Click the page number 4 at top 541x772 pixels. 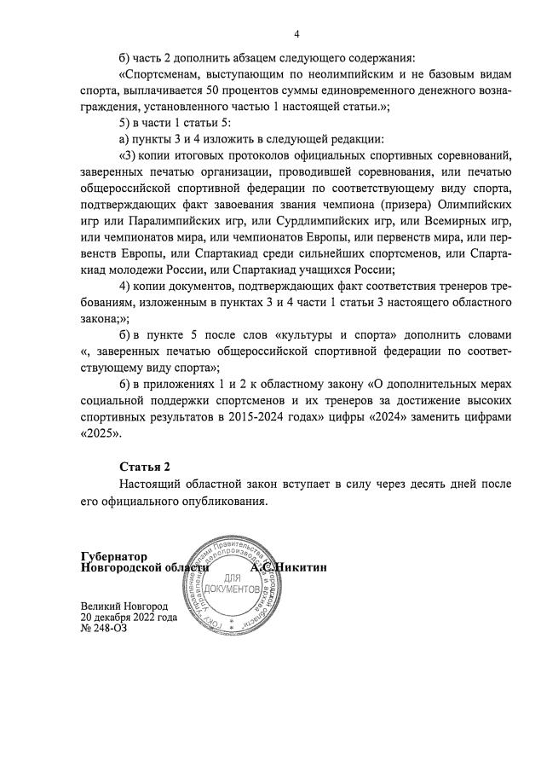[296, 34]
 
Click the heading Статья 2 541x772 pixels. [144, 467]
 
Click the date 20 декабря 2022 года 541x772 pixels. [129, 616]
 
